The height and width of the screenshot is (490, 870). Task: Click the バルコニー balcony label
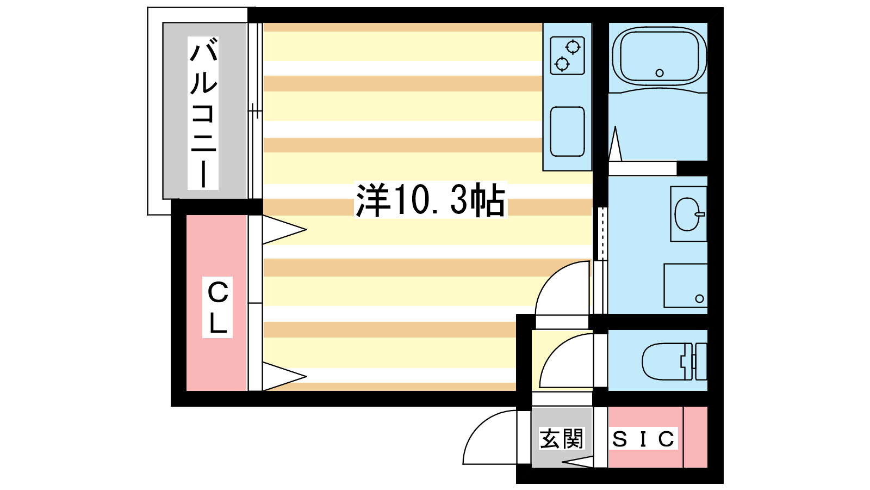pos(203,113)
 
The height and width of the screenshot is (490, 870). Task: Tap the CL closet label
pos(217,307)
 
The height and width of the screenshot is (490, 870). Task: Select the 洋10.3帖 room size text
pos(430,200)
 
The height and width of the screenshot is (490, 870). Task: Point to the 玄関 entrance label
pos(562,438)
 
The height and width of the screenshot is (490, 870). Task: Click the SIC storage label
pos(643,439)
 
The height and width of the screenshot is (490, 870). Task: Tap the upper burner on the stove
pos(573,47)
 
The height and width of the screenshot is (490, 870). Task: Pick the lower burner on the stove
pos(562,64)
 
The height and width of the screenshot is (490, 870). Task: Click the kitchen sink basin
pos(568,131)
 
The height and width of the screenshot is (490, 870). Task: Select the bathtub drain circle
pos(660,73)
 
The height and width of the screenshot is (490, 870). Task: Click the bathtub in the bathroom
pos(659,56)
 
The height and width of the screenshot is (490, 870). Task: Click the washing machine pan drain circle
pos(699,299)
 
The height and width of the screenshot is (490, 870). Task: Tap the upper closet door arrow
pos(285,230)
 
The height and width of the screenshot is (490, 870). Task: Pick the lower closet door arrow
pos(285,376)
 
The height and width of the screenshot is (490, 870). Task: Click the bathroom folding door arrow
pos(615,144)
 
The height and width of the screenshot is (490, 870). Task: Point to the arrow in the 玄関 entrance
pos(577,462)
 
